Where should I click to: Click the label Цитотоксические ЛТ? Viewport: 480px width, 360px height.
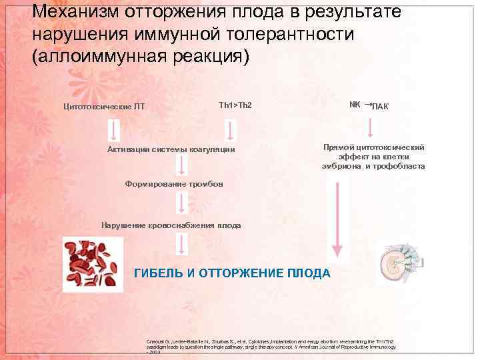coord(103,106)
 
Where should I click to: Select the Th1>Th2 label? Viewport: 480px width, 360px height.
coord(235,105)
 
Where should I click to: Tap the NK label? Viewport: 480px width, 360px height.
coord(355,105)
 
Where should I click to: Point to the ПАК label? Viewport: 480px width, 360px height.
coord(381,107)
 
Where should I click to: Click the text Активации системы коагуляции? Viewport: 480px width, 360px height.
coord(171,149)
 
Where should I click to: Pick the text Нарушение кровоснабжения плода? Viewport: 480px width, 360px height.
coord(171,225)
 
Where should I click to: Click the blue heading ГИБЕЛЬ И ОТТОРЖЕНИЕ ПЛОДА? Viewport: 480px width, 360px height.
coord(232,273)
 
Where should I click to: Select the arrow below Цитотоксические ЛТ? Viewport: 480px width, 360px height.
coord(115,130)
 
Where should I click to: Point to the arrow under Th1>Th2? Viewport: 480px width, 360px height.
coord(230,130)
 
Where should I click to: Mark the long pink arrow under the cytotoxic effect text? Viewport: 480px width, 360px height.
coord(337,220)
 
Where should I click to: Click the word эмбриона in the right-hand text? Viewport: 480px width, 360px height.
coord(341,166)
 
